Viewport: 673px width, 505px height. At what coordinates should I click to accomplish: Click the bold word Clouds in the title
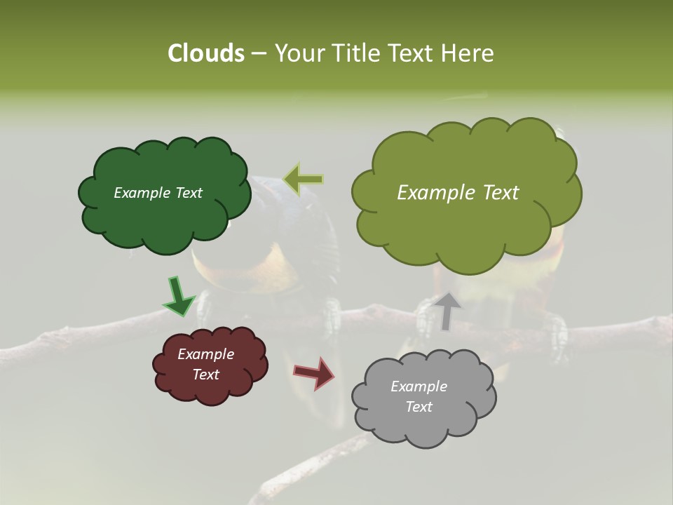(206, 53)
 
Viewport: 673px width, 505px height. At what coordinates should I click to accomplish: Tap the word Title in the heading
(358, 53)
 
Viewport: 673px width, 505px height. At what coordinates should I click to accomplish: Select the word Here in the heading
(469, 53)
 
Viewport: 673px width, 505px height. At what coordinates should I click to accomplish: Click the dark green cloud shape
(164, 217)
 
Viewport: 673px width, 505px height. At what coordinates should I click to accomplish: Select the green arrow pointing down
(178, 296)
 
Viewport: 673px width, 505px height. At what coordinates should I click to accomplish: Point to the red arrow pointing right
(314, 372)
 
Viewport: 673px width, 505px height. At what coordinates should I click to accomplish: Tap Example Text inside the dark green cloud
(158, 193)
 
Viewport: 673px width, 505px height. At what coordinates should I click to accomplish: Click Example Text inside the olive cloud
(458, 193)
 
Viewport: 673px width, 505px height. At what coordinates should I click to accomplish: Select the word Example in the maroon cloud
(205, 354)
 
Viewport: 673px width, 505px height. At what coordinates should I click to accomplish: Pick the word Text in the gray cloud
(419, 407)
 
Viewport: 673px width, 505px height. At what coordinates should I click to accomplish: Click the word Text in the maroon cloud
(205, 375)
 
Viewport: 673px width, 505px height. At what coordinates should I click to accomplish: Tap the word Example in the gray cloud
(419, 386)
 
